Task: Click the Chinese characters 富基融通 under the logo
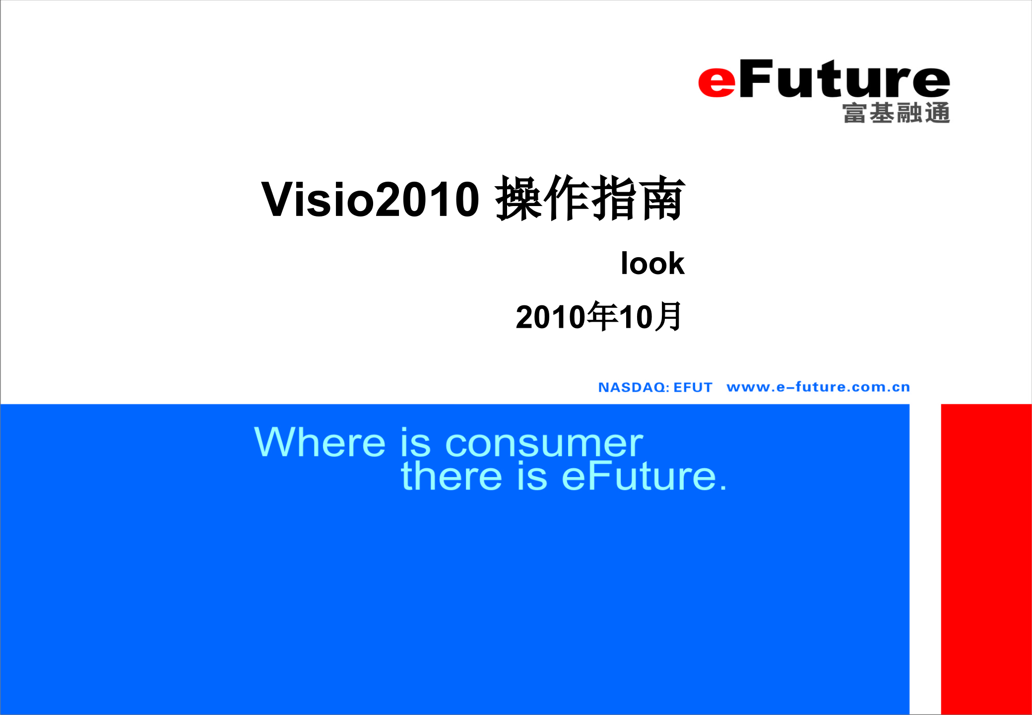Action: [x=896, y=113]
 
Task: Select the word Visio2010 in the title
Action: [x=370, y=200]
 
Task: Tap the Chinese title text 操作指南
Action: [x=590, y=199]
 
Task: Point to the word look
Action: [x=652, y=263]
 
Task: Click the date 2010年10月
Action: [x=599, y=317]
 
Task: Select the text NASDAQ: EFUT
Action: [x=655, y=387]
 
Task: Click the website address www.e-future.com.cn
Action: [x=818, y=387]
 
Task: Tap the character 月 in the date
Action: [x=669, y=317]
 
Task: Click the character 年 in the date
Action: [x=603, y=317]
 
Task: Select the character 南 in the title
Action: [x=662, y=199]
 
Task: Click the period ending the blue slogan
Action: [x=723, y=489]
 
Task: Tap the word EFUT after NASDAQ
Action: [x=693, y=387]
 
